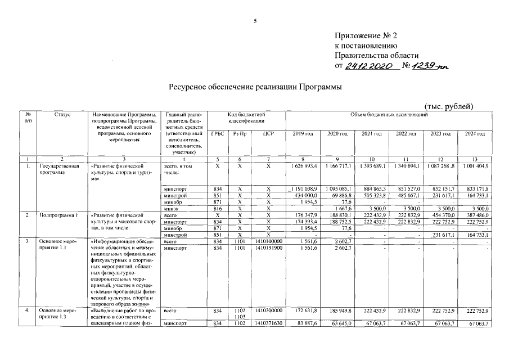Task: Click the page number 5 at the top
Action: click(254, 21)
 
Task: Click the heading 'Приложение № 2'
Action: click(366, 36)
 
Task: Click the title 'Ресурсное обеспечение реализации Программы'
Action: click(255, 87)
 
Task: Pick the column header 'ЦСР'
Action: click(268, 133)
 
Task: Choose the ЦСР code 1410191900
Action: click(268, 248)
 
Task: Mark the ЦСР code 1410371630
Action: click(268, 324)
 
